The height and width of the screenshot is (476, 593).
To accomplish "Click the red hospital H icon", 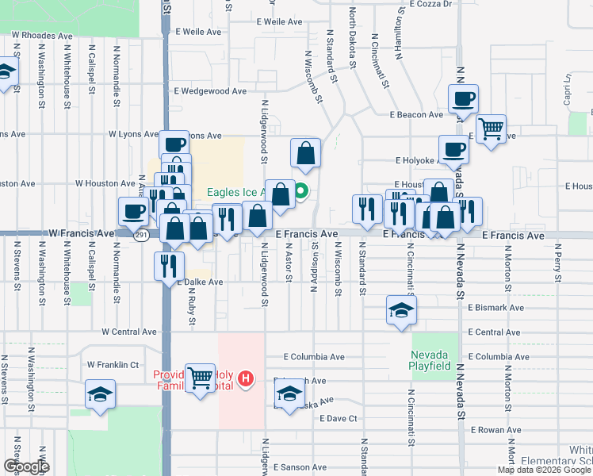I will (x=246, y=379).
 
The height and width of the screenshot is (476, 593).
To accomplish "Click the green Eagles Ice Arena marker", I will (x=301, y=191).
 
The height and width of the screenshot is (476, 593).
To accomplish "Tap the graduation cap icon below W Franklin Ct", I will (x=101, y=394).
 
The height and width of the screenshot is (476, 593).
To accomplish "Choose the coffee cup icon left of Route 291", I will (x=132, y=211).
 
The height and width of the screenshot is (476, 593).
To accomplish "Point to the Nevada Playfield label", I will (x=430, y=360).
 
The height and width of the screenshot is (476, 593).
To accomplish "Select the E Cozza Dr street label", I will (x=431, y=4).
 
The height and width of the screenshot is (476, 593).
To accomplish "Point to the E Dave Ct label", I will (x=337, y=418).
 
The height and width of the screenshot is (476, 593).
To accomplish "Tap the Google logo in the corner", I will (x=27, y=466).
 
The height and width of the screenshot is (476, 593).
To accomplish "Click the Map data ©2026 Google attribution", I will (x=543, y=470).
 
